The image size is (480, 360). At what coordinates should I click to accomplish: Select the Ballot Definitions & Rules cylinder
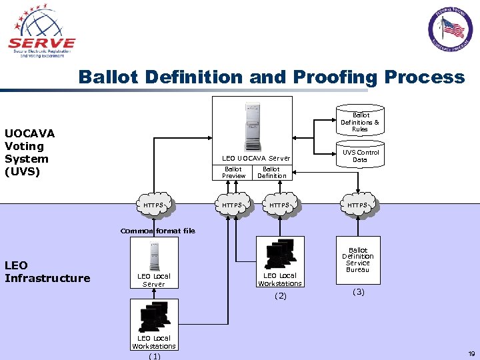(x=360, y=121)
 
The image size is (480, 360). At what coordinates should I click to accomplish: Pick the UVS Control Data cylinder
(x=360, y=155)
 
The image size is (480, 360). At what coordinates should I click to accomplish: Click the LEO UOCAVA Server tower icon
(x=252, y=127)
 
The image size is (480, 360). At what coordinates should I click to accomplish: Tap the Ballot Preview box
(x=233, y=173)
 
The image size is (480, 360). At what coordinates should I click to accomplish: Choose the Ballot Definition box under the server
(x=271, y=173)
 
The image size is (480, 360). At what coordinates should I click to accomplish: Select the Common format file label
(x=158, y=231)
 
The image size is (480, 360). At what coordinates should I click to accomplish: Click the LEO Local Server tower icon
(x=153, y=257)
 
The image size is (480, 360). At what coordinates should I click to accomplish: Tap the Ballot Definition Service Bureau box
(x=358, y=260)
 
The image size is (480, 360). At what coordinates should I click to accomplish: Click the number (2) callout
(x=280, y=296)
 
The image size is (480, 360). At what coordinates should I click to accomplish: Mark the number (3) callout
(x=359, y=292)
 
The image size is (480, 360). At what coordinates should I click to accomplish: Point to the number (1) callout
(x=154, y=356)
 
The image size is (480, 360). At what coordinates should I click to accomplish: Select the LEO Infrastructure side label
(x=47, y=272)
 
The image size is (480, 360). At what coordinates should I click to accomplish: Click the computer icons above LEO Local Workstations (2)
(x=280, y=253)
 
